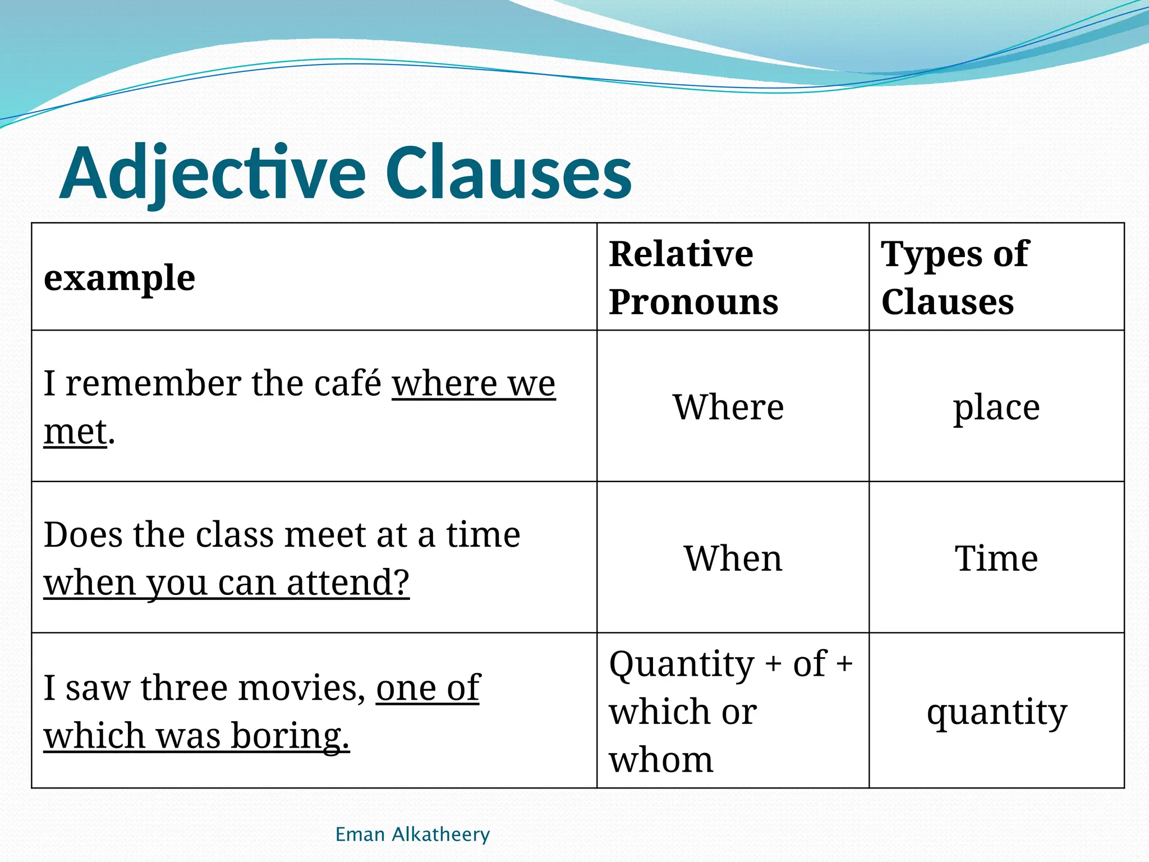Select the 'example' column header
pos(120,278)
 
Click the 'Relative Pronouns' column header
pos(693,278)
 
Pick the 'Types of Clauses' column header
pos(955,278)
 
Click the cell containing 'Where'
pos(728,407)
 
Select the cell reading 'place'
pos(996,407)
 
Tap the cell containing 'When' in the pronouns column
pos(733,558)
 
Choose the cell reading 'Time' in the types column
pos(996,558)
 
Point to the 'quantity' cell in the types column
pos(996,712)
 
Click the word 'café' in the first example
pos(348,384)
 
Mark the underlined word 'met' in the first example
pos(75,432)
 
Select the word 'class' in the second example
pos(236,535)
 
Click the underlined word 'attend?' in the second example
pos(348,583)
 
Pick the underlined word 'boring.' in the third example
pos(290,736)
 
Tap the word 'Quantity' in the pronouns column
pos(682,664)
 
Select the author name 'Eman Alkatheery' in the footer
pos(412,835)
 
